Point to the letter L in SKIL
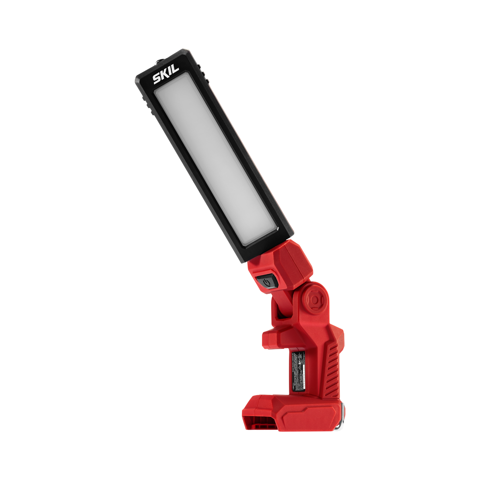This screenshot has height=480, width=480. click(175, 69)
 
